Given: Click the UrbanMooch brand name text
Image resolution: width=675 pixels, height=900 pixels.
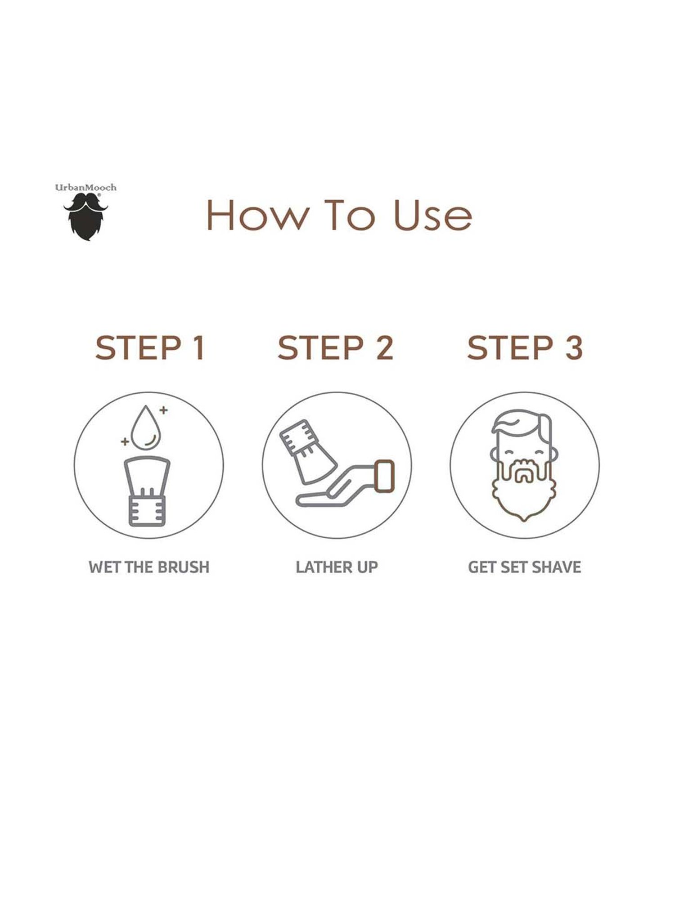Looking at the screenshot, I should tap(85, 187).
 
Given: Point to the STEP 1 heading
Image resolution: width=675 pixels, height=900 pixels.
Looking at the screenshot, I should tap(150, 348).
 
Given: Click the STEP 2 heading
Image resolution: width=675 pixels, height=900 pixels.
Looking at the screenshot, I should tap(336, 348).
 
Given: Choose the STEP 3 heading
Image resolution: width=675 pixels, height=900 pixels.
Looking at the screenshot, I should tap(525, 348).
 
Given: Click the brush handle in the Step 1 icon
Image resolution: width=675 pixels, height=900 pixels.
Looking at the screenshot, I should tap(148, 510).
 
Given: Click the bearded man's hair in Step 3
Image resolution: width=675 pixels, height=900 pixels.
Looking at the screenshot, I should tap(522, 423).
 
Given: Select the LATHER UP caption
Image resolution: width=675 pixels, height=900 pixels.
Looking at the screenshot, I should tap(337, 567).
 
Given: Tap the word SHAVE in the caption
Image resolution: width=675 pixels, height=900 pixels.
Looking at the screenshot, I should tap(558, 567).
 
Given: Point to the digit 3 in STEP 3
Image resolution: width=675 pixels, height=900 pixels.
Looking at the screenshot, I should tap(573, 348).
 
